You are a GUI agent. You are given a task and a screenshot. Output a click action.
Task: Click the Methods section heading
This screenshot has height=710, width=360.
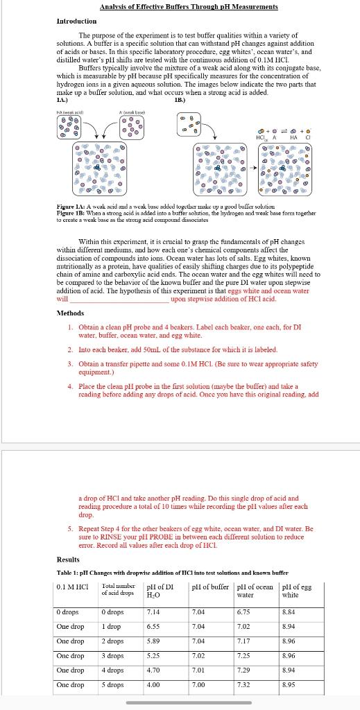coord(71,313)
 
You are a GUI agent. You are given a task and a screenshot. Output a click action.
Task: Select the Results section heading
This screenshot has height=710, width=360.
coord(70,560)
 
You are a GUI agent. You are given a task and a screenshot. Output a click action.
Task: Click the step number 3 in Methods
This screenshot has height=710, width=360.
coord(71,363)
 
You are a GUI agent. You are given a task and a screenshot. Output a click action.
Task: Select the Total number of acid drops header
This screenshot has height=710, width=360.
coord(118,590)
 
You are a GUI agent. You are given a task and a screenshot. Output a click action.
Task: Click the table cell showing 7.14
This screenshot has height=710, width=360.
coord(153,612)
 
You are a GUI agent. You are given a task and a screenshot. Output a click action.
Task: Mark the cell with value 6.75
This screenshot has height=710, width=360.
coord(243,612)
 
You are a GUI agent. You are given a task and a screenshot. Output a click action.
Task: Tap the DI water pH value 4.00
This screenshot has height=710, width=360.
coord(153,685)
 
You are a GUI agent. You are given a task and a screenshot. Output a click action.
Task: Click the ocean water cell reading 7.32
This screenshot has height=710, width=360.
coord(243,685)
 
